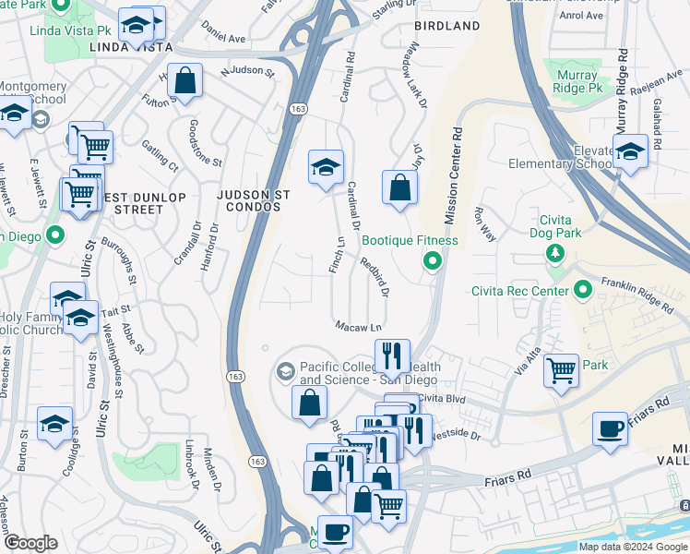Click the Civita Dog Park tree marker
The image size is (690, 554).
[554, 253]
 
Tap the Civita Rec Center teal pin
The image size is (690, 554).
[582, 292]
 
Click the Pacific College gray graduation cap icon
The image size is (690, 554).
[285, 372]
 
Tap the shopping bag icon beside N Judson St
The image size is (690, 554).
[185, 81]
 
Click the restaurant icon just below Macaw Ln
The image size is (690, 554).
[392, 355]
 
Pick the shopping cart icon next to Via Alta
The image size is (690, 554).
[561, 371]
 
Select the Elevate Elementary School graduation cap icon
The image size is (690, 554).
[630, 152]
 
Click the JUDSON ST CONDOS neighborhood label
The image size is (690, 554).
[248, 200]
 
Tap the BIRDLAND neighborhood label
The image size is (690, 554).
[447, 26]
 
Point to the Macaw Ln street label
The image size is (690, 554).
[358, 327]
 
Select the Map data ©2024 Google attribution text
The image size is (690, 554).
[633, 547]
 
